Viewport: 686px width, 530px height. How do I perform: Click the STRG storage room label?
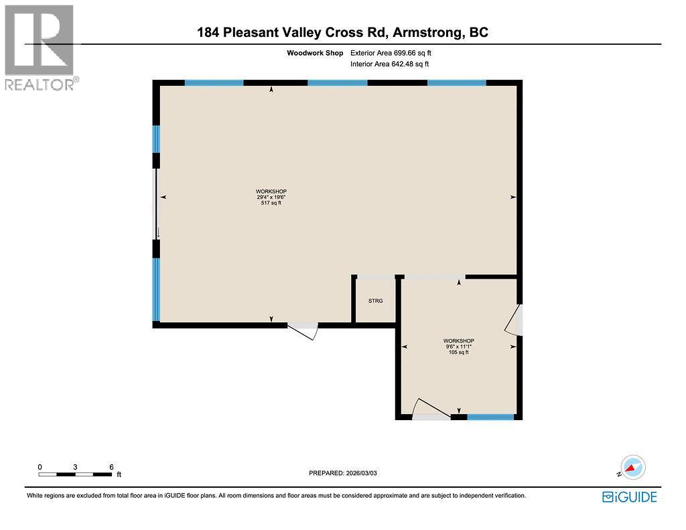click(x=375, y=301)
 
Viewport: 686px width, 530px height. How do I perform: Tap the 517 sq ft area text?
click(x=271, y=203)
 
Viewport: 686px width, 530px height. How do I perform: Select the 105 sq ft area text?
click(x=458, y=352)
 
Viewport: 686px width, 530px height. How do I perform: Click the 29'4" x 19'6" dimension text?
click(x=271, y=197)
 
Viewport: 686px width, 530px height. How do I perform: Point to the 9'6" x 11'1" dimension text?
click(x=458, y=346)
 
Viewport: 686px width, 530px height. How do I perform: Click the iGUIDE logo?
click(x=629, y=496)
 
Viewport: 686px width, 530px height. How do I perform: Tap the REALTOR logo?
click(x=40, y=48)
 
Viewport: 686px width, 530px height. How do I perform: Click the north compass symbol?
click(x=632, y=466)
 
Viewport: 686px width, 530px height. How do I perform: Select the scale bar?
click(x=75, y=474)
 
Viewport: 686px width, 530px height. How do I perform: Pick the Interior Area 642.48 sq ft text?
click(x=389, y=64)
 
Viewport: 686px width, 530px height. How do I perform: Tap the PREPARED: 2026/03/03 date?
click(x=348, y=473)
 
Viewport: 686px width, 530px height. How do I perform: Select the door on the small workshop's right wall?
click(x=514, y=320)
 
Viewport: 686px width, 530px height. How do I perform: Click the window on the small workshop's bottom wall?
click(x=490, y=417)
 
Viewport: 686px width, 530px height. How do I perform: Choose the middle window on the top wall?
click(x=337, y=83)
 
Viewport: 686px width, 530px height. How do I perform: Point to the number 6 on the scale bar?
click(x=111, y=466)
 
